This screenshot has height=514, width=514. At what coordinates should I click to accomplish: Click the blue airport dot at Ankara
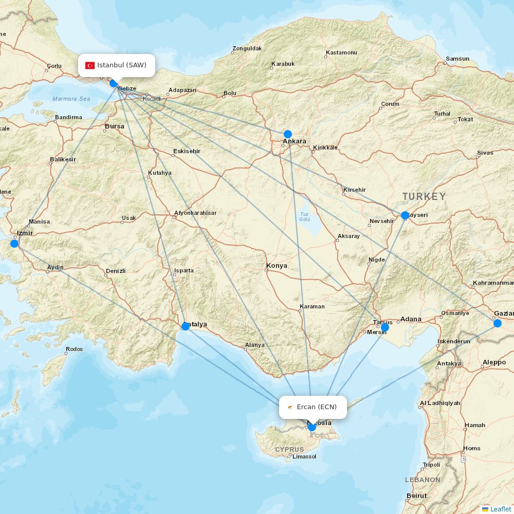(x=288, y=134)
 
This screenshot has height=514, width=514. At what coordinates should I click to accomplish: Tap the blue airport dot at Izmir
(x=14, y=243)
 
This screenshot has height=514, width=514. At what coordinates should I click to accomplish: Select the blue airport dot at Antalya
(x=186, y=326)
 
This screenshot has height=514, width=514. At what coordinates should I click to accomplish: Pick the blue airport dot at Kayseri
(x=405, y=215)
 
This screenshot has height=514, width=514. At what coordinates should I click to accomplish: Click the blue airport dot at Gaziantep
(x=497, y=323)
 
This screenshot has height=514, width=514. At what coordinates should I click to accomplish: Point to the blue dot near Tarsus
(x=385, y=327)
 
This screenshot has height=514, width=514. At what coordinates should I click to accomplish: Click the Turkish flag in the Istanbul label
(x=90, y=65)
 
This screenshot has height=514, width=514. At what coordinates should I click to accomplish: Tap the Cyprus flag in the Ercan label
(x=290, y=407)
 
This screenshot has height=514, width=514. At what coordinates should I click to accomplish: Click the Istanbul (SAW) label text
(x=122, y=65)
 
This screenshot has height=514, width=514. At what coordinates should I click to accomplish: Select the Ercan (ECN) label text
(x=317, y=407)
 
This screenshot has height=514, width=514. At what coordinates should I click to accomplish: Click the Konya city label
(x=277, y=266)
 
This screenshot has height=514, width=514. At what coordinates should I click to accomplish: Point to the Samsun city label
(x=457, y=59)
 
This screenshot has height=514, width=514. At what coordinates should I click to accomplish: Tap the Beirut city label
(x=416, y=495)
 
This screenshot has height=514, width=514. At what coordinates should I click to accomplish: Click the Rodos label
(x=74, y=350)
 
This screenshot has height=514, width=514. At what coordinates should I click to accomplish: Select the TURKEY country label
(x=424, y=196)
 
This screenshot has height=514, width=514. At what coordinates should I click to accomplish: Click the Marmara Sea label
(x=71, y=99)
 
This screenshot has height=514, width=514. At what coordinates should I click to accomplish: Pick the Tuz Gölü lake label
(x=305, y=216)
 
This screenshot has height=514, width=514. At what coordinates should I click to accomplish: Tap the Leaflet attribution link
(x=500, y=509)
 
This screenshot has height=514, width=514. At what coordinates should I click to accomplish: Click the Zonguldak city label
(x=247, y=48)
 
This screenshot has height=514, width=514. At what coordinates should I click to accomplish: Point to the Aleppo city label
(x=494, y=362)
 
